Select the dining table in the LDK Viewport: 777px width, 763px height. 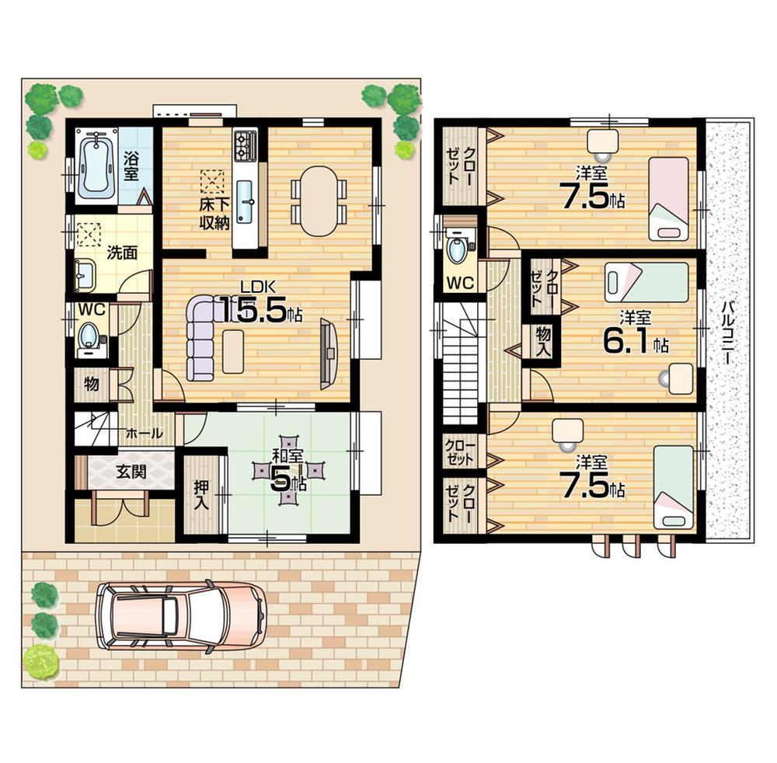(x=319, y=201)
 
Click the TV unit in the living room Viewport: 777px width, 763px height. (x=329, y=354)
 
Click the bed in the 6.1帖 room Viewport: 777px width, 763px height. (x=646, y=280)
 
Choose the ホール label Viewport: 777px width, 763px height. (x=144, y=434)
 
